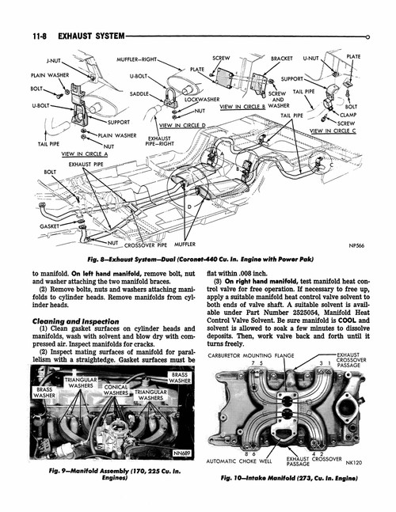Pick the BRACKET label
[282, 58]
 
